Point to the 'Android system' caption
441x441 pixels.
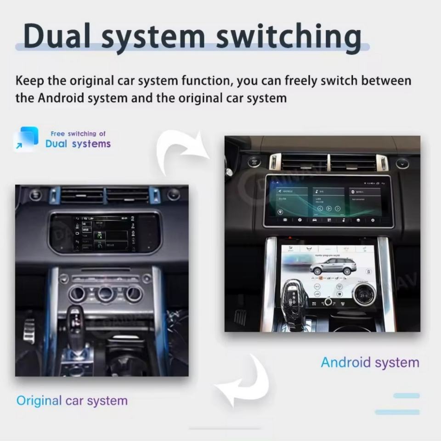pyautogui.click(x=370, y=362)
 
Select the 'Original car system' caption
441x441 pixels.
pyautogui.click(x=72, y=400)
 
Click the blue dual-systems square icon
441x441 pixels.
pyautogui.click(x=26, y=139)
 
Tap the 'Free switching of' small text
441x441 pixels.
pyautogui.click(x=78, y=134)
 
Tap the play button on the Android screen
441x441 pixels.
pyautogui.click(x=328, y=209)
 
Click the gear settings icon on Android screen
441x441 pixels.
pyautogui.click(x=373, y=220)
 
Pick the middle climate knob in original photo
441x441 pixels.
pyautogui.click(x=106, y=293)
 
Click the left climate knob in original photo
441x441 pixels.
pyautogui.click(x=77, y=293)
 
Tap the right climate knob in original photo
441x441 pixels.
pyautogui.click(x=134, y=293)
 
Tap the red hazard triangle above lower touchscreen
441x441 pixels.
pyautogui.click(x=289, y=238)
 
